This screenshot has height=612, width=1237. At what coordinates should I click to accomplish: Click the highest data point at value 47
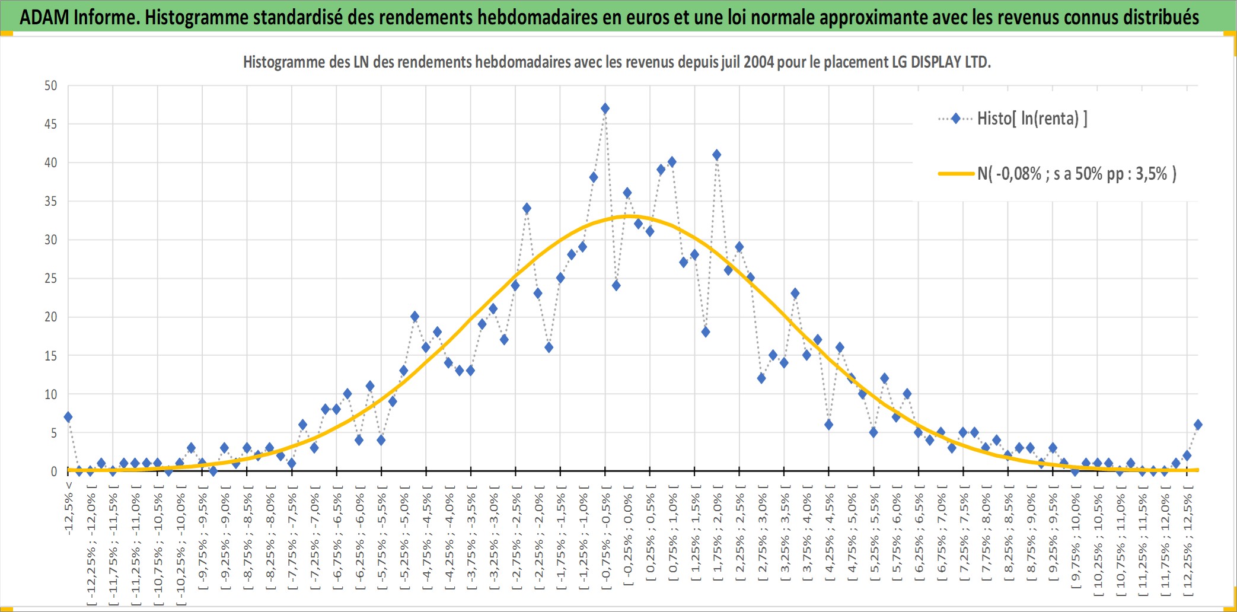pos(605,109)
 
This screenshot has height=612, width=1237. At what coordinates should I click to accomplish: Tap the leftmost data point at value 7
pos(68,417)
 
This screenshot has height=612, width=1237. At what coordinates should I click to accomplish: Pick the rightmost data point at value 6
pos(1198,425)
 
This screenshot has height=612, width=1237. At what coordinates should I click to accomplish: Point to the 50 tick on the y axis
pos(51,85)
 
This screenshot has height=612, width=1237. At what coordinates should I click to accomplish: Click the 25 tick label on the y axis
pos(51,278)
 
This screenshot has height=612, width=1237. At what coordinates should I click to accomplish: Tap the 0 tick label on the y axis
pos(54,471)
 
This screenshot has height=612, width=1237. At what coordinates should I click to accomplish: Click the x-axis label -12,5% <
pos(69,508)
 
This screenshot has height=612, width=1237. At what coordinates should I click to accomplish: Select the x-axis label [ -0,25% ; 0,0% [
pos(627,536)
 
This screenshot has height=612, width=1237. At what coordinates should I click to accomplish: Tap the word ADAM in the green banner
pos(44,17)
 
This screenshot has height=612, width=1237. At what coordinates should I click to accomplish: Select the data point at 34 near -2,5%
pos(527,209)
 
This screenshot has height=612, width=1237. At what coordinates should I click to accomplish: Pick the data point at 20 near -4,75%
pos(415,317)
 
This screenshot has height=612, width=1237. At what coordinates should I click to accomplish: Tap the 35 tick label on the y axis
pos(51,201)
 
